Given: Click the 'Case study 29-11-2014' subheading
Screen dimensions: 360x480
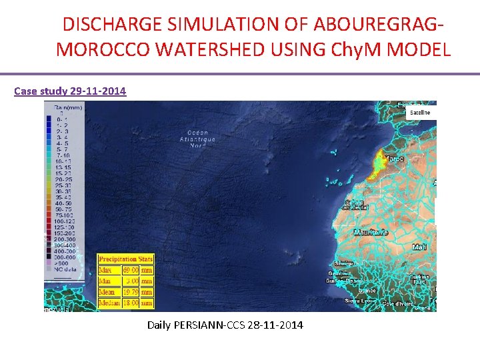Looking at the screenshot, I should coord(70,91).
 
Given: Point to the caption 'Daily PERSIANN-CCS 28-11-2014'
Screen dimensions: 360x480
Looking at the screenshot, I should coord(225,325).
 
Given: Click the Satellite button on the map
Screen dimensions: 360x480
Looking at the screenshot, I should coord(420,113).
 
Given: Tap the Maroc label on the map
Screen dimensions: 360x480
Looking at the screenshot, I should coord(396,159).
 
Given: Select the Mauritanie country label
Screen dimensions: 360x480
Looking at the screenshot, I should coord(371,233).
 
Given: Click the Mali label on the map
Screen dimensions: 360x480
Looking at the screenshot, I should coord(419,247).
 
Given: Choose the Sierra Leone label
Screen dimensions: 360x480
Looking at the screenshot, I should coord(360,301).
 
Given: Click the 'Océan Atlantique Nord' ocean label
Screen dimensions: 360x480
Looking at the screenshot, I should coord(198,139).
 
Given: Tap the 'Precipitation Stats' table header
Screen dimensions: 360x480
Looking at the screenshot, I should coord(125,259).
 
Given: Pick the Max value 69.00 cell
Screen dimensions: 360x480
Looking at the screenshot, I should coord(130,270).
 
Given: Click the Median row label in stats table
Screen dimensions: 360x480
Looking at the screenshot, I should coord(109,303).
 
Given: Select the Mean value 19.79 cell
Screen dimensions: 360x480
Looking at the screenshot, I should coord(130,292).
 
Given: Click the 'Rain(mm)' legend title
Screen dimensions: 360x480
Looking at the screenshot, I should coord(67,107).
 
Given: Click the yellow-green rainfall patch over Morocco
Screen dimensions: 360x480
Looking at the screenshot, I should coord(381,162).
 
